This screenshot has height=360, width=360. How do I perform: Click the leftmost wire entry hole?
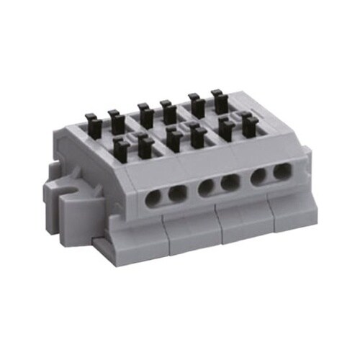pos(154,198)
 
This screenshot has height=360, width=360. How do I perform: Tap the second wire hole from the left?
pos(177,194)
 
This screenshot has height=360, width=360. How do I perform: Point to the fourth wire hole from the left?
pos(230,183)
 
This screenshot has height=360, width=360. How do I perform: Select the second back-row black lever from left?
pos(114,119)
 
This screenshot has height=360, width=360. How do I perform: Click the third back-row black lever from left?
pos(145,112)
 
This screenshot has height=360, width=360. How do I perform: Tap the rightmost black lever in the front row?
pos(248,123)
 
